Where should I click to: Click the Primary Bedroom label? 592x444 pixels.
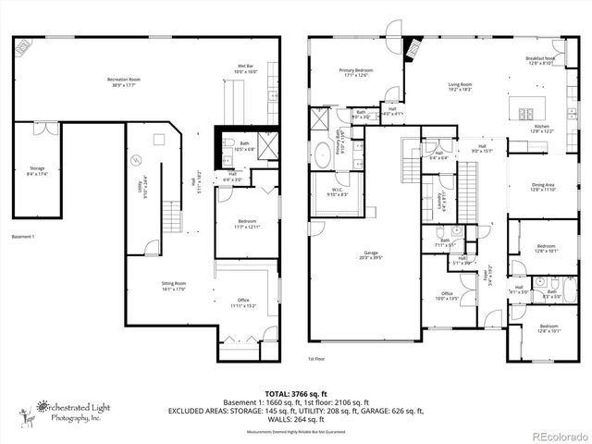pos(355,71)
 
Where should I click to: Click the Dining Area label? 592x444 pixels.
pos(543,187)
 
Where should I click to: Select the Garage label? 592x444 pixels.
pos(363,258)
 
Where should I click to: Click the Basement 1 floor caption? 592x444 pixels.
pos(24,237)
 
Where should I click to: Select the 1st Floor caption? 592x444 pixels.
pos(316,358)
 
